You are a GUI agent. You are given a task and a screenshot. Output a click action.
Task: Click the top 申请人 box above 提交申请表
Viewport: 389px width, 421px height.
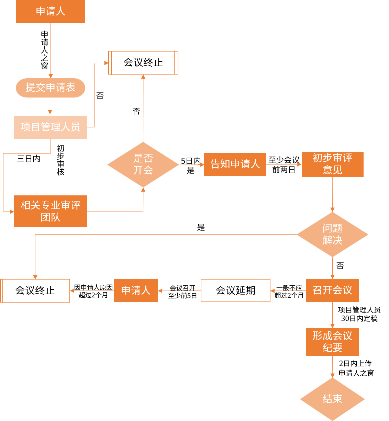tap(51, 11)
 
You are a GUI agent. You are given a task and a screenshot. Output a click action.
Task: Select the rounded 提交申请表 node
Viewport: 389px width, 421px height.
tap(51, 88)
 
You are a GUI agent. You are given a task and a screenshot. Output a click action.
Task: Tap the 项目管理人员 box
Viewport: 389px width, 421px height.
tap(51, 127)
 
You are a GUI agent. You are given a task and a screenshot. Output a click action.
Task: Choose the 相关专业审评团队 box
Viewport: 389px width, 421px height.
tap(51, 211)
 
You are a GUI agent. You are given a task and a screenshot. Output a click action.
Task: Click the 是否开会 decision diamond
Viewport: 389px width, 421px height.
tap(143, 164)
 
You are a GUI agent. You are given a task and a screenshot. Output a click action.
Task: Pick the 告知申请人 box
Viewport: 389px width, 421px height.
tap(235, 164)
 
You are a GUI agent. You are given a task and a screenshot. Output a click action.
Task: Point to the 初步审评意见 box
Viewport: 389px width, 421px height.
tap(332, 164)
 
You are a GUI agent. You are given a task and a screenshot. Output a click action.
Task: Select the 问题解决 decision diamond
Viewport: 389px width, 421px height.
tap(332, 235)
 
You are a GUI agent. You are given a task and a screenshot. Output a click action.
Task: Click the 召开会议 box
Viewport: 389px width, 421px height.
tap(332, 290)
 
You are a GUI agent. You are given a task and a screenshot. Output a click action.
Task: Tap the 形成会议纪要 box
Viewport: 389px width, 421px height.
tap(332, 342)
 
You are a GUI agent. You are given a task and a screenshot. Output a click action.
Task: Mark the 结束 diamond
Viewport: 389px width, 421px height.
tap(332, 399)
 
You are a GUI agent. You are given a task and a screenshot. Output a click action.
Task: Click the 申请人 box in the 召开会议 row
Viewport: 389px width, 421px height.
tap(136, 291)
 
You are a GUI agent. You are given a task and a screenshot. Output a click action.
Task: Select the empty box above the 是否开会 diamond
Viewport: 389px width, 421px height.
tap(143, 62)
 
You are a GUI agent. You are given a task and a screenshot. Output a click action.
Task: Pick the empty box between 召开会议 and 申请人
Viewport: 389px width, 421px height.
tap(235, 291)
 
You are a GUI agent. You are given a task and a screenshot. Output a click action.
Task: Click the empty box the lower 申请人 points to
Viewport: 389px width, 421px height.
tap(35, 291)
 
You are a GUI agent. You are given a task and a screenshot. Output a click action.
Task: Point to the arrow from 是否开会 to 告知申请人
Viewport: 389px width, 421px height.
tap(192, 165)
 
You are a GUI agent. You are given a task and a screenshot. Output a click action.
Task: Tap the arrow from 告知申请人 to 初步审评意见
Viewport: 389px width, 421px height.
tap(284, 164)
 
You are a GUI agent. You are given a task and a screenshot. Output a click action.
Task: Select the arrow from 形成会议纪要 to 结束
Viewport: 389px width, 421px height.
tap(332, 367)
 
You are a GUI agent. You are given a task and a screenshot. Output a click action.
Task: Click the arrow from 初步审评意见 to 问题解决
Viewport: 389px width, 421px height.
tap(332, 194)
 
